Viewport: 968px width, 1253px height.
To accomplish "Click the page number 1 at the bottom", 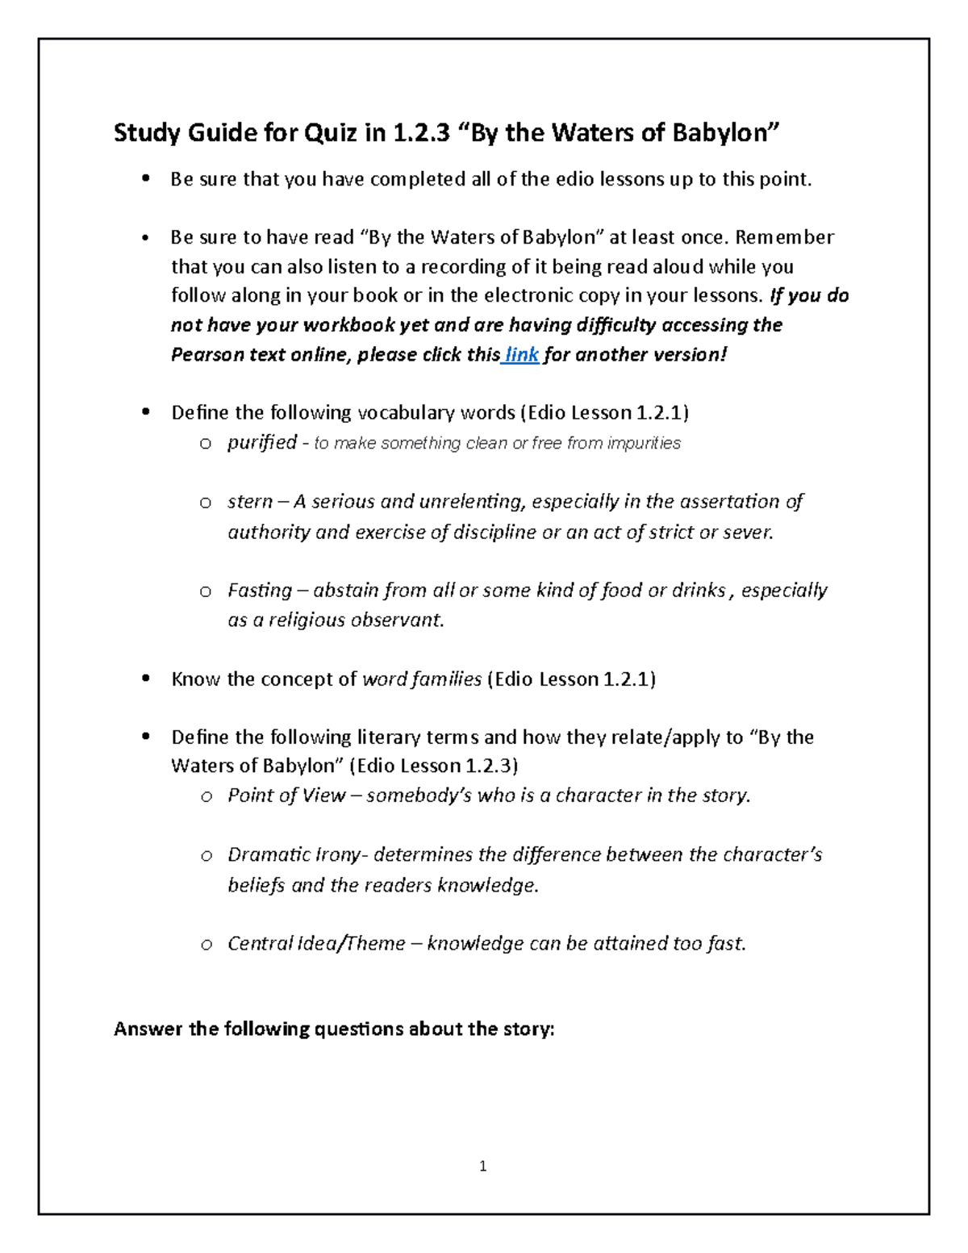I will tap(482, 1166).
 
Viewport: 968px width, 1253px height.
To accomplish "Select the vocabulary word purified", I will tap(262, 443).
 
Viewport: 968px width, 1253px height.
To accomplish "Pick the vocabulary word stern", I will tap(250, 502).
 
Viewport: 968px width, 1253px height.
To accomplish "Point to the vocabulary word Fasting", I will tap(260, 591).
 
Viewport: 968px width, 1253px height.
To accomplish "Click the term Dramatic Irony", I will tap(295, 854).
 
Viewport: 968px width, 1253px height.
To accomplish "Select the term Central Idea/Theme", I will tap(316, 944).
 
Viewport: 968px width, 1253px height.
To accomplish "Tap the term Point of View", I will tap(286, 796).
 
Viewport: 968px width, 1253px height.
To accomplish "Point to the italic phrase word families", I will tap(422, 679).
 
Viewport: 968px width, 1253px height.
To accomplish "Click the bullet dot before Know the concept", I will tap(145, 679).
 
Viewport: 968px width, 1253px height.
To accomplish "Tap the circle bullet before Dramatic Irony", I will tap(207, 855).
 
